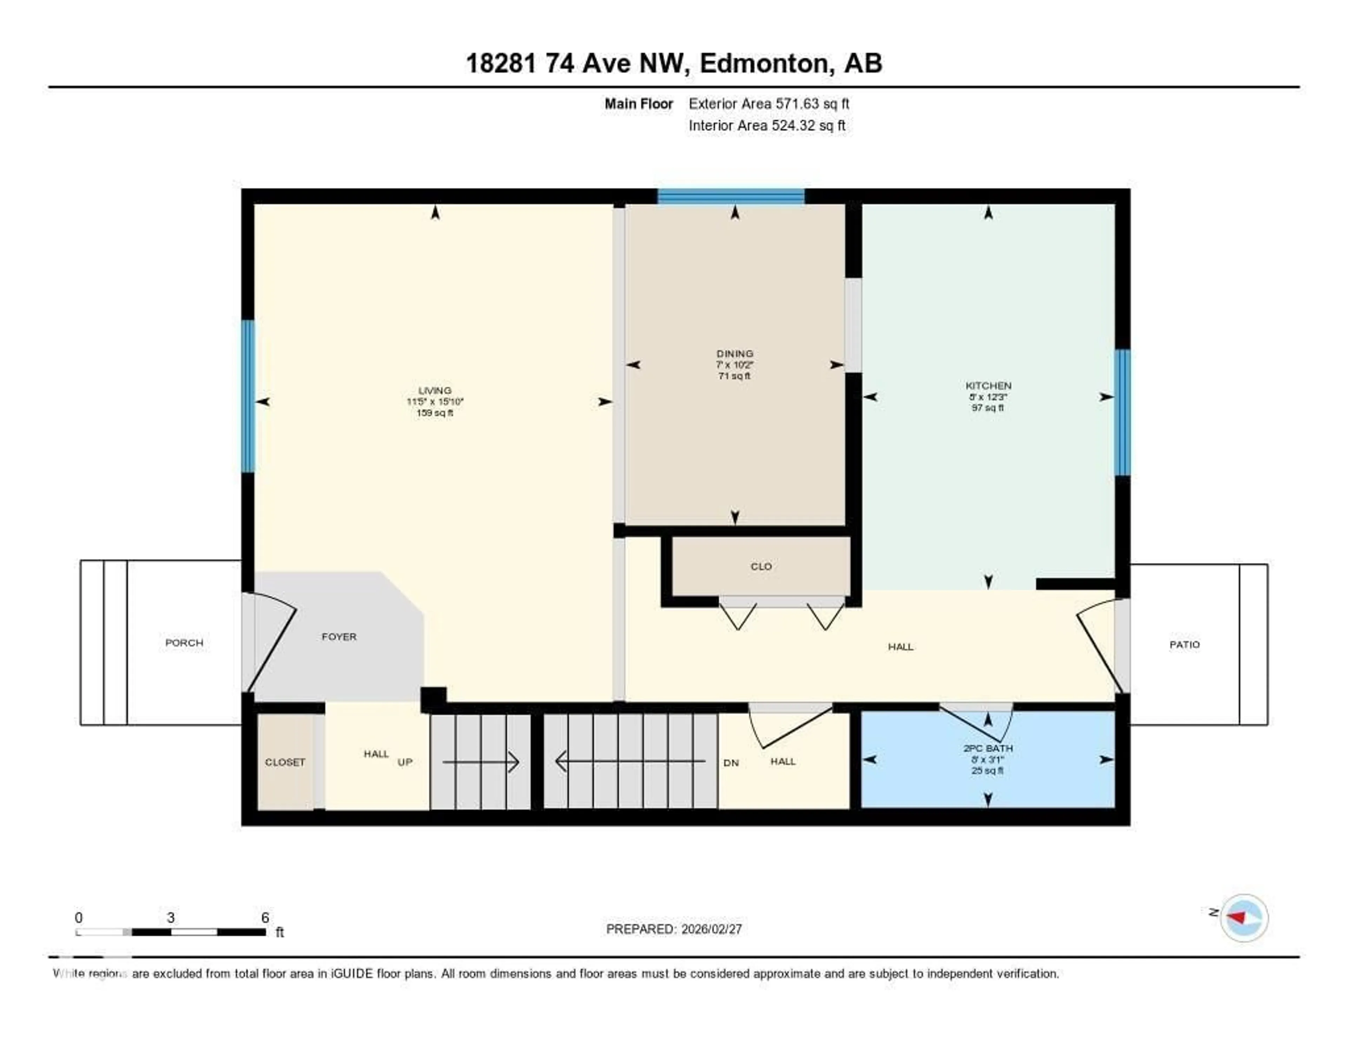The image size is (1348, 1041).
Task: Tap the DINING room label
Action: [734, 353]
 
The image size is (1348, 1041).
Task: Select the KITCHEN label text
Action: [988, 386]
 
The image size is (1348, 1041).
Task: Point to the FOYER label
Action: [339, 637]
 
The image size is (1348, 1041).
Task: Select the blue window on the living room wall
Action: [247, 396]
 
